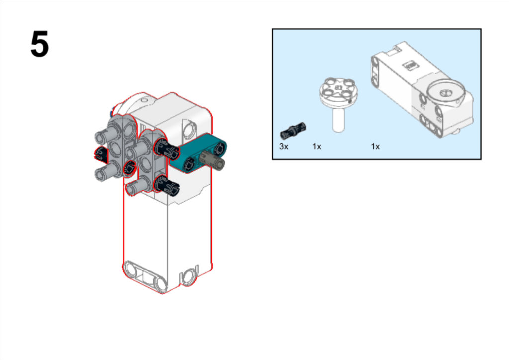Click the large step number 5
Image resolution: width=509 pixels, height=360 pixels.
click(x=40, y=44)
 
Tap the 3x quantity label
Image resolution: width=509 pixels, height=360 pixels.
click(x=284, y=146)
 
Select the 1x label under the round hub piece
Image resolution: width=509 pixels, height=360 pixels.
click(x=317, y=146)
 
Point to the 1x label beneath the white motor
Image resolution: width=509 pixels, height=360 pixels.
click(x=375, y=146)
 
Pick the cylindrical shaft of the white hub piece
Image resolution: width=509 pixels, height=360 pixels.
click(x=338, y=120)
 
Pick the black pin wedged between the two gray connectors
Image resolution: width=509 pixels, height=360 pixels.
click(x=130, y=168)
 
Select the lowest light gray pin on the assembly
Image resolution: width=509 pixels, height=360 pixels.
click(x=137, y=186)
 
